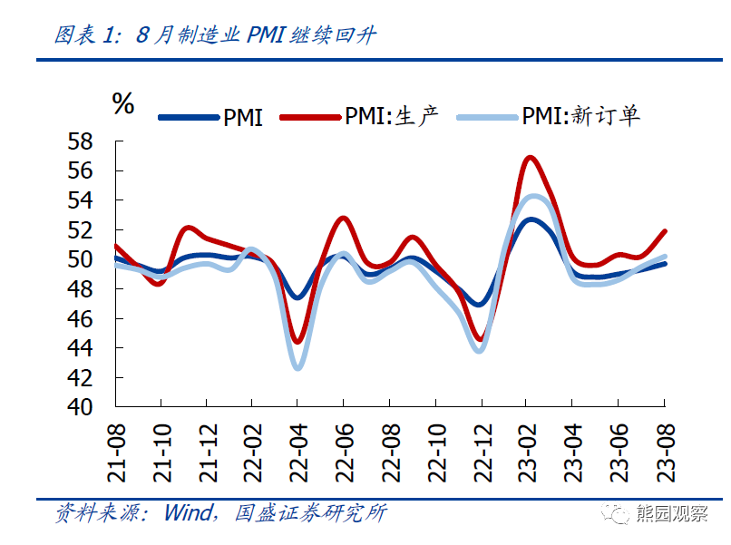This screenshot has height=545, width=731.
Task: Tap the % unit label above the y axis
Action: click(122, 103)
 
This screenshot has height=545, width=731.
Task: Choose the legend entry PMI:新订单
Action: click(549, 116)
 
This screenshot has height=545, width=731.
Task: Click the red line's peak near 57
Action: click(530, 158)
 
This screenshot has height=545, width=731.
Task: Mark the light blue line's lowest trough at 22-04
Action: click(297, 367)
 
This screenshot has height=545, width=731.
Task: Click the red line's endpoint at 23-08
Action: click(665, 231)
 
